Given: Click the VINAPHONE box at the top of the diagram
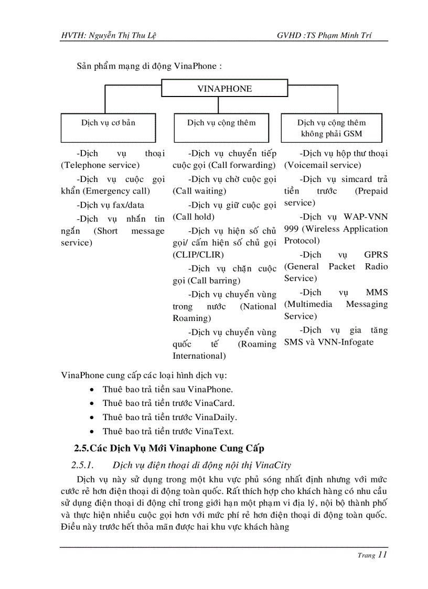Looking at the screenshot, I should click(x=224, y=89).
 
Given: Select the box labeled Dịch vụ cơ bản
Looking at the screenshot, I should click(x=108, y=127).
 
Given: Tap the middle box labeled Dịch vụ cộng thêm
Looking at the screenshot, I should click(x=221, y=127).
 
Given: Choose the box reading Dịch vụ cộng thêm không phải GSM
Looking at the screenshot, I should click(x=331, y=128).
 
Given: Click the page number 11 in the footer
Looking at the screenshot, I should click(x=382, y=555).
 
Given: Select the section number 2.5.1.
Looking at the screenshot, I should click(x=82, y=465).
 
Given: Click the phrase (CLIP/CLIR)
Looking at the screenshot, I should click(x=198, y=255).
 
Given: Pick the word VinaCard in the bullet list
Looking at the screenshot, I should click(x=215, y=403).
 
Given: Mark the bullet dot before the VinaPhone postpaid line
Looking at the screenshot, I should click(x=92, y=390).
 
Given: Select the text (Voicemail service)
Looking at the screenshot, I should click(x=323, y=165).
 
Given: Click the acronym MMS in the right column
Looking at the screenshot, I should click(x=377, y=292).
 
